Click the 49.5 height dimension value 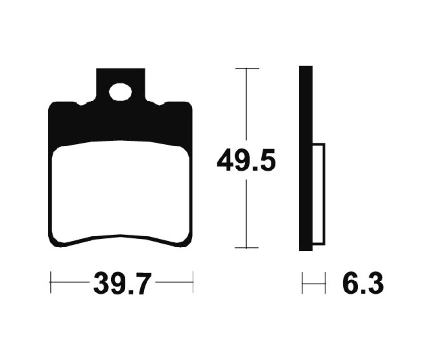(x=246, y=161)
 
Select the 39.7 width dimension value (x=122, y=284)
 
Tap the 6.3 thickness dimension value (x=363, y=284)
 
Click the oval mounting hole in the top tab (x=120, y=92)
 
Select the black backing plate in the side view (x=306, y=158)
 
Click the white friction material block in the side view (x=318, y=194)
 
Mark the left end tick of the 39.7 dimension (x=50, y=282)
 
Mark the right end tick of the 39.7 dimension (x=193, y=282)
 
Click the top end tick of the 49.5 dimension (x=247, y=69)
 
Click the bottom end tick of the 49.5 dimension (x=247, y=248)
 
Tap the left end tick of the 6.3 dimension (x=302, y=283)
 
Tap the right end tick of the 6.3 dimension (x=325, y=283)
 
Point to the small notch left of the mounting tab (x=82, y=103)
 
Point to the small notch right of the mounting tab (x=159, y=103)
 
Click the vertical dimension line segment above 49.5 (x=247, y=105)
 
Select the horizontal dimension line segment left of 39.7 (x=70, y=282)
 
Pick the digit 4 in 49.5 (x=226, y=161)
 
